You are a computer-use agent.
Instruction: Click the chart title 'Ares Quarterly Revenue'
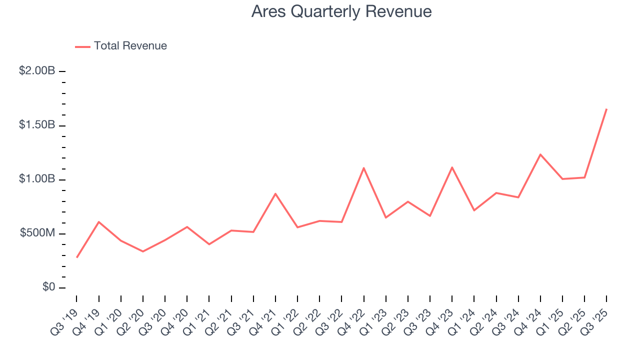point(341,11)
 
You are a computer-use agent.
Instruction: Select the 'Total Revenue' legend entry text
point(130,46)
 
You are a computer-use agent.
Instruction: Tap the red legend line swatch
point(82,46)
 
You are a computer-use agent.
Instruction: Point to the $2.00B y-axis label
point(37,71)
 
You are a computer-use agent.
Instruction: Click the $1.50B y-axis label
point(37,125)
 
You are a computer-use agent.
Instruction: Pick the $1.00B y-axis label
point(37,179)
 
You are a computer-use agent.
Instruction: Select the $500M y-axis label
point(37,233)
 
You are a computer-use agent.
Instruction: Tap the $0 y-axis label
point(48,287)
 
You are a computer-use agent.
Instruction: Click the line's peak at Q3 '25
point(606,109)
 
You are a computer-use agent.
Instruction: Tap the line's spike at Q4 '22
point(363,168)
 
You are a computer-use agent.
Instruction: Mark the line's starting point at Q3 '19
point(76,257)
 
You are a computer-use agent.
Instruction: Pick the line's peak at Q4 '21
point(275,193)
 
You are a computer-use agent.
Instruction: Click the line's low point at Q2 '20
point(143,251)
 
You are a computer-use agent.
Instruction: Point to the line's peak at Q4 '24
point(540,154)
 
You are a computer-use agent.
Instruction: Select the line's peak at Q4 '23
point(452,167)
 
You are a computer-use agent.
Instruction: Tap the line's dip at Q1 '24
point(474,210)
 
